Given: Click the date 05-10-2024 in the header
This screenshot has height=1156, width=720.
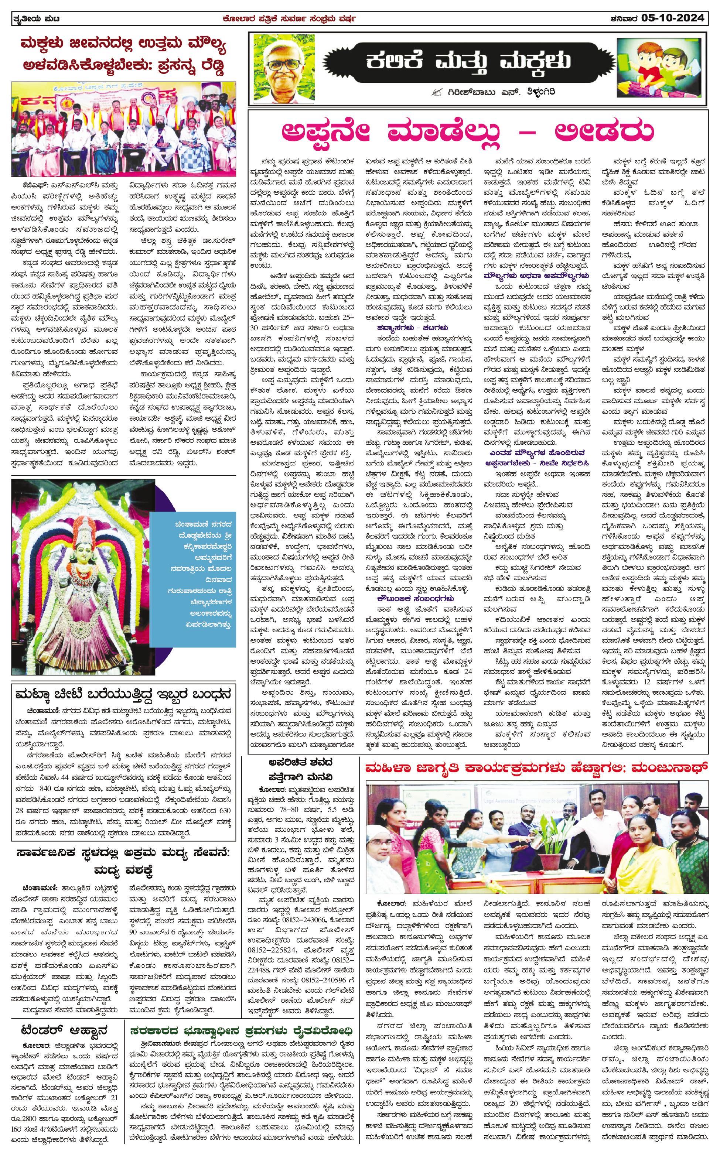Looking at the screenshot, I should [x=672, y=18].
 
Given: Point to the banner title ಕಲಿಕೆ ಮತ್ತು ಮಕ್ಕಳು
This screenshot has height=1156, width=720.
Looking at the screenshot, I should [x=468, y=61].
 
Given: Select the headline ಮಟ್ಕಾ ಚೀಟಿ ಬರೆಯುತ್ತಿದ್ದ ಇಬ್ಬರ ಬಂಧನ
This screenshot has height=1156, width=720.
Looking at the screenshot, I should [x=123, y=693].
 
